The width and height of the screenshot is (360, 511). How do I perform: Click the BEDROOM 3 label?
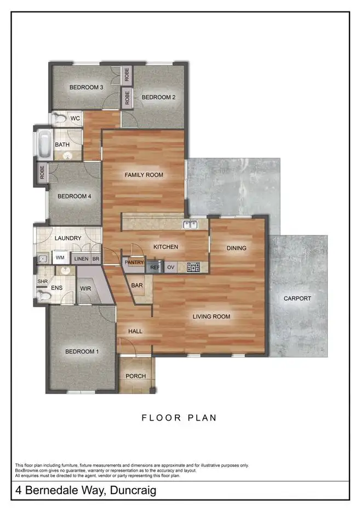coord(86,87)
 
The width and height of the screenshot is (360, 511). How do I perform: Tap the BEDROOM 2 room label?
coord(158,97)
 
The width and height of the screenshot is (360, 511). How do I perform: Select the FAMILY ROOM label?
coord(144,175)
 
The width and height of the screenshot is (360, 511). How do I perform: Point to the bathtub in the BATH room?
coord(43,144)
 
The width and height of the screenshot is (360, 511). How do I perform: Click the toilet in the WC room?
coord(59,118)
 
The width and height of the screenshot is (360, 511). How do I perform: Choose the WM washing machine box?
coord(60,258)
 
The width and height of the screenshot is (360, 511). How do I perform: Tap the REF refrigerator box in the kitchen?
coord(155,267)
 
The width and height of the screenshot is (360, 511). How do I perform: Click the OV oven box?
coord(171,267)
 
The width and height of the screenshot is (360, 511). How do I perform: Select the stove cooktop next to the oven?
coord(193,267)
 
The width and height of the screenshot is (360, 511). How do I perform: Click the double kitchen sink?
coord(191,224)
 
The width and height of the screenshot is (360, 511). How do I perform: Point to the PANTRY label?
coord(134,262)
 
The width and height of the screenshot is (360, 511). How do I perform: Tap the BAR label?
coord(136,285)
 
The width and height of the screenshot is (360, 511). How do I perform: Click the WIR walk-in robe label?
coord(85,288)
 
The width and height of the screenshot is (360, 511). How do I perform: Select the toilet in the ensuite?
coord(43,296)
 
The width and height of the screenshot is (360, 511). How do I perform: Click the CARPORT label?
coord(298,298)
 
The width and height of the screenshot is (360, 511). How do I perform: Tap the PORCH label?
coord(135,376)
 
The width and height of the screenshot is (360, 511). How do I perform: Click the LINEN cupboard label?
coord(81,258)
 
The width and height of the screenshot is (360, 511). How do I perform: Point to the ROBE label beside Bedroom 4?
coord(42,173)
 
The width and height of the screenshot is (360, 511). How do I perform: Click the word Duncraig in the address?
coord(129,490)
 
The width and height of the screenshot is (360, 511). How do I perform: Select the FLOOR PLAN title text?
coord(179,418)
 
